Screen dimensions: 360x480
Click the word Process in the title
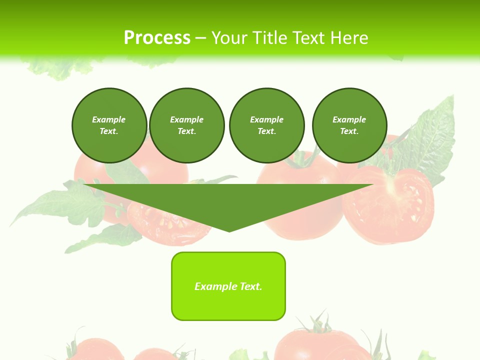pyautogui.click(x=157, y=38)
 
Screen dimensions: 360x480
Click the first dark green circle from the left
pyautogui.click(x=109, y=125)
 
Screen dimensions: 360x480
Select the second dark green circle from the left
pyautogui.click(x=187, y=125)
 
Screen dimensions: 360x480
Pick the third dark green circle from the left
pyautogui.click(x=266, y=125)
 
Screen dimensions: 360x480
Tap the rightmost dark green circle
pyautogui.click(x=349, y=125)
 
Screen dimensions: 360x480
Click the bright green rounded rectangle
pyautogui.click(x=228, y=286)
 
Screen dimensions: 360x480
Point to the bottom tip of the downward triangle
pyautogui.click(x=229, y=231)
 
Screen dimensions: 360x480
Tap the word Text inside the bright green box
pyautogui.click(x=251, y=286)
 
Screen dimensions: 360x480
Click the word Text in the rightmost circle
pyautogui.click(x=349, y=131)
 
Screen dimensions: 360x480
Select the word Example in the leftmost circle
pyautogui.click(x=109, y=119)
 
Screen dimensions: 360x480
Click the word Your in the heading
pyautogui.click(x=229, y=38)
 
